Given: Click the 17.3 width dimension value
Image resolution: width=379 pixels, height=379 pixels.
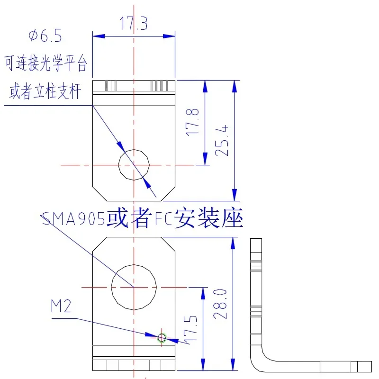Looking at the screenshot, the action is (134, 23).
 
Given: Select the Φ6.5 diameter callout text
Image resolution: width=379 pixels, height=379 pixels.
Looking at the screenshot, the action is (45, 36).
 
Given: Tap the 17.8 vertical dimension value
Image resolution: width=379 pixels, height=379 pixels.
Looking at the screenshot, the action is (192, 122).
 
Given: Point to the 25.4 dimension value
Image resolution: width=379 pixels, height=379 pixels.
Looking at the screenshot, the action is (221, 140).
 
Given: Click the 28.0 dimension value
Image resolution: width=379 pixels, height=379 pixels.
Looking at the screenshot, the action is (220, 304).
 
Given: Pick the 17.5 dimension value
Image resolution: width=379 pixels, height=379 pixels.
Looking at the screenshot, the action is (190, 330).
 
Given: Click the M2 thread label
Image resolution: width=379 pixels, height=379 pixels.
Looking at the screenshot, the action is (61, 306).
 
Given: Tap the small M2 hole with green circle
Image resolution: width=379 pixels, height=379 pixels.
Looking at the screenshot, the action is (162, 338).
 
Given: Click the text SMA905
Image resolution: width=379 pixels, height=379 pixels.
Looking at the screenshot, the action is (73, 219).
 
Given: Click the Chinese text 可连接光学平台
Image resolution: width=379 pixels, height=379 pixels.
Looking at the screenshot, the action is (45, 63).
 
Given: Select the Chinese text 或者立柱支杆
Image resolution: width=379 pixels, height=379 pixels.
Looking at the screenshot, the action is (45, 91).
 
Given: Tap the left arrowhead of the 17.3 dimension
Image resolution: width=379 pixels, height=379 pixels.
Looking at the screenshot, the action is (99, 36).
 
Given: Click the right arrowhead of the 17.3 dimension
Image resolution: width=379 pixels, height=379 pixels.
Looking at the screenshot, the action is (169, 36).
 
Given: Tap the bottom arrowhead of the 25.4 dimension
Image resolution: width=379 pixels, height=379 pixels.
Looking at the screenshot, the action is (234, 195).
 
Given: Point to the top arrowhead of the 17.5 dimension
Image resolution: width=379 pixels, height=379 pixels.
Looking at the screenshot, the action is (203, 293).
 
